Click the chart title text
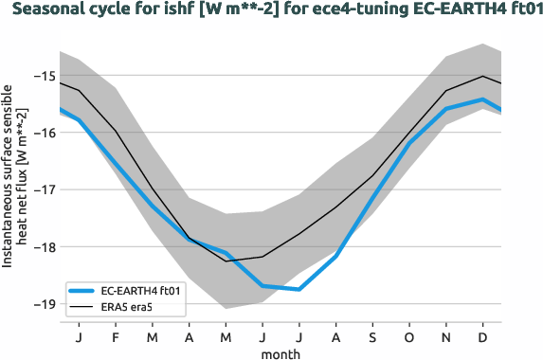(x=271, y=11)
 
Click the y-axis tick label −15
(x=42, y=76)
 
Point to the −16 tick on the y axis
(x=42, y=133)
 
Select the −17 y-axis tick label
(x=42, y=189)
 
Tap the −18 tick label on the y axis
(x=42, y=247)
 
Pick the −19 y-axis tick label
(x=42, y=304)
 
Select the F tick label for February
(x=114, y=337)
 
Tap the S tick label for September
(x=372, y=337)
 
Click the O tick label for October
(x=409, y=337)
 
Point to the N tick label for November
(x=446, y=337)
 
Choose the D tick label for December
(x=483, y=337)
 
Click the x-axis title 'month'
(x=281, y=352)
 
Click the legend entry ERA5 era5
(x=131, y=306)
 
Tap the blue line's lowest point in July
(x=299, y=289)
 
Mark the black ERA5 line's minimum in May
(x=225, y=261)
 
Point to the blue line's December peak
(x=483, y=99)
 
